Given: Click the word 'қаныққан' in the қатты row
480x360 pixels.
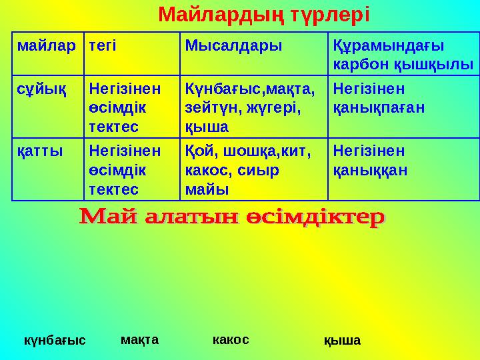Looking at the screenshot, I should pyautogui.click(x=371, y=170).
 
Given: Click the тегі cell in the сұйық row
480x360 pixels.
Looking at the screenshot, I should pyautogui.click(x=125, y=107).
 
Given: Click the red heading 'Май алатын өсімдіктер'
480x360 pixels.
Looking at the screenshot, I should pyautogui.click(x=233, y=218).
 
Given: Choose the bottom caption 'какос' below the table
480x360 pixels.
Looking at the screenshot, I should pyautogui.click(x=231, y=339).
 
